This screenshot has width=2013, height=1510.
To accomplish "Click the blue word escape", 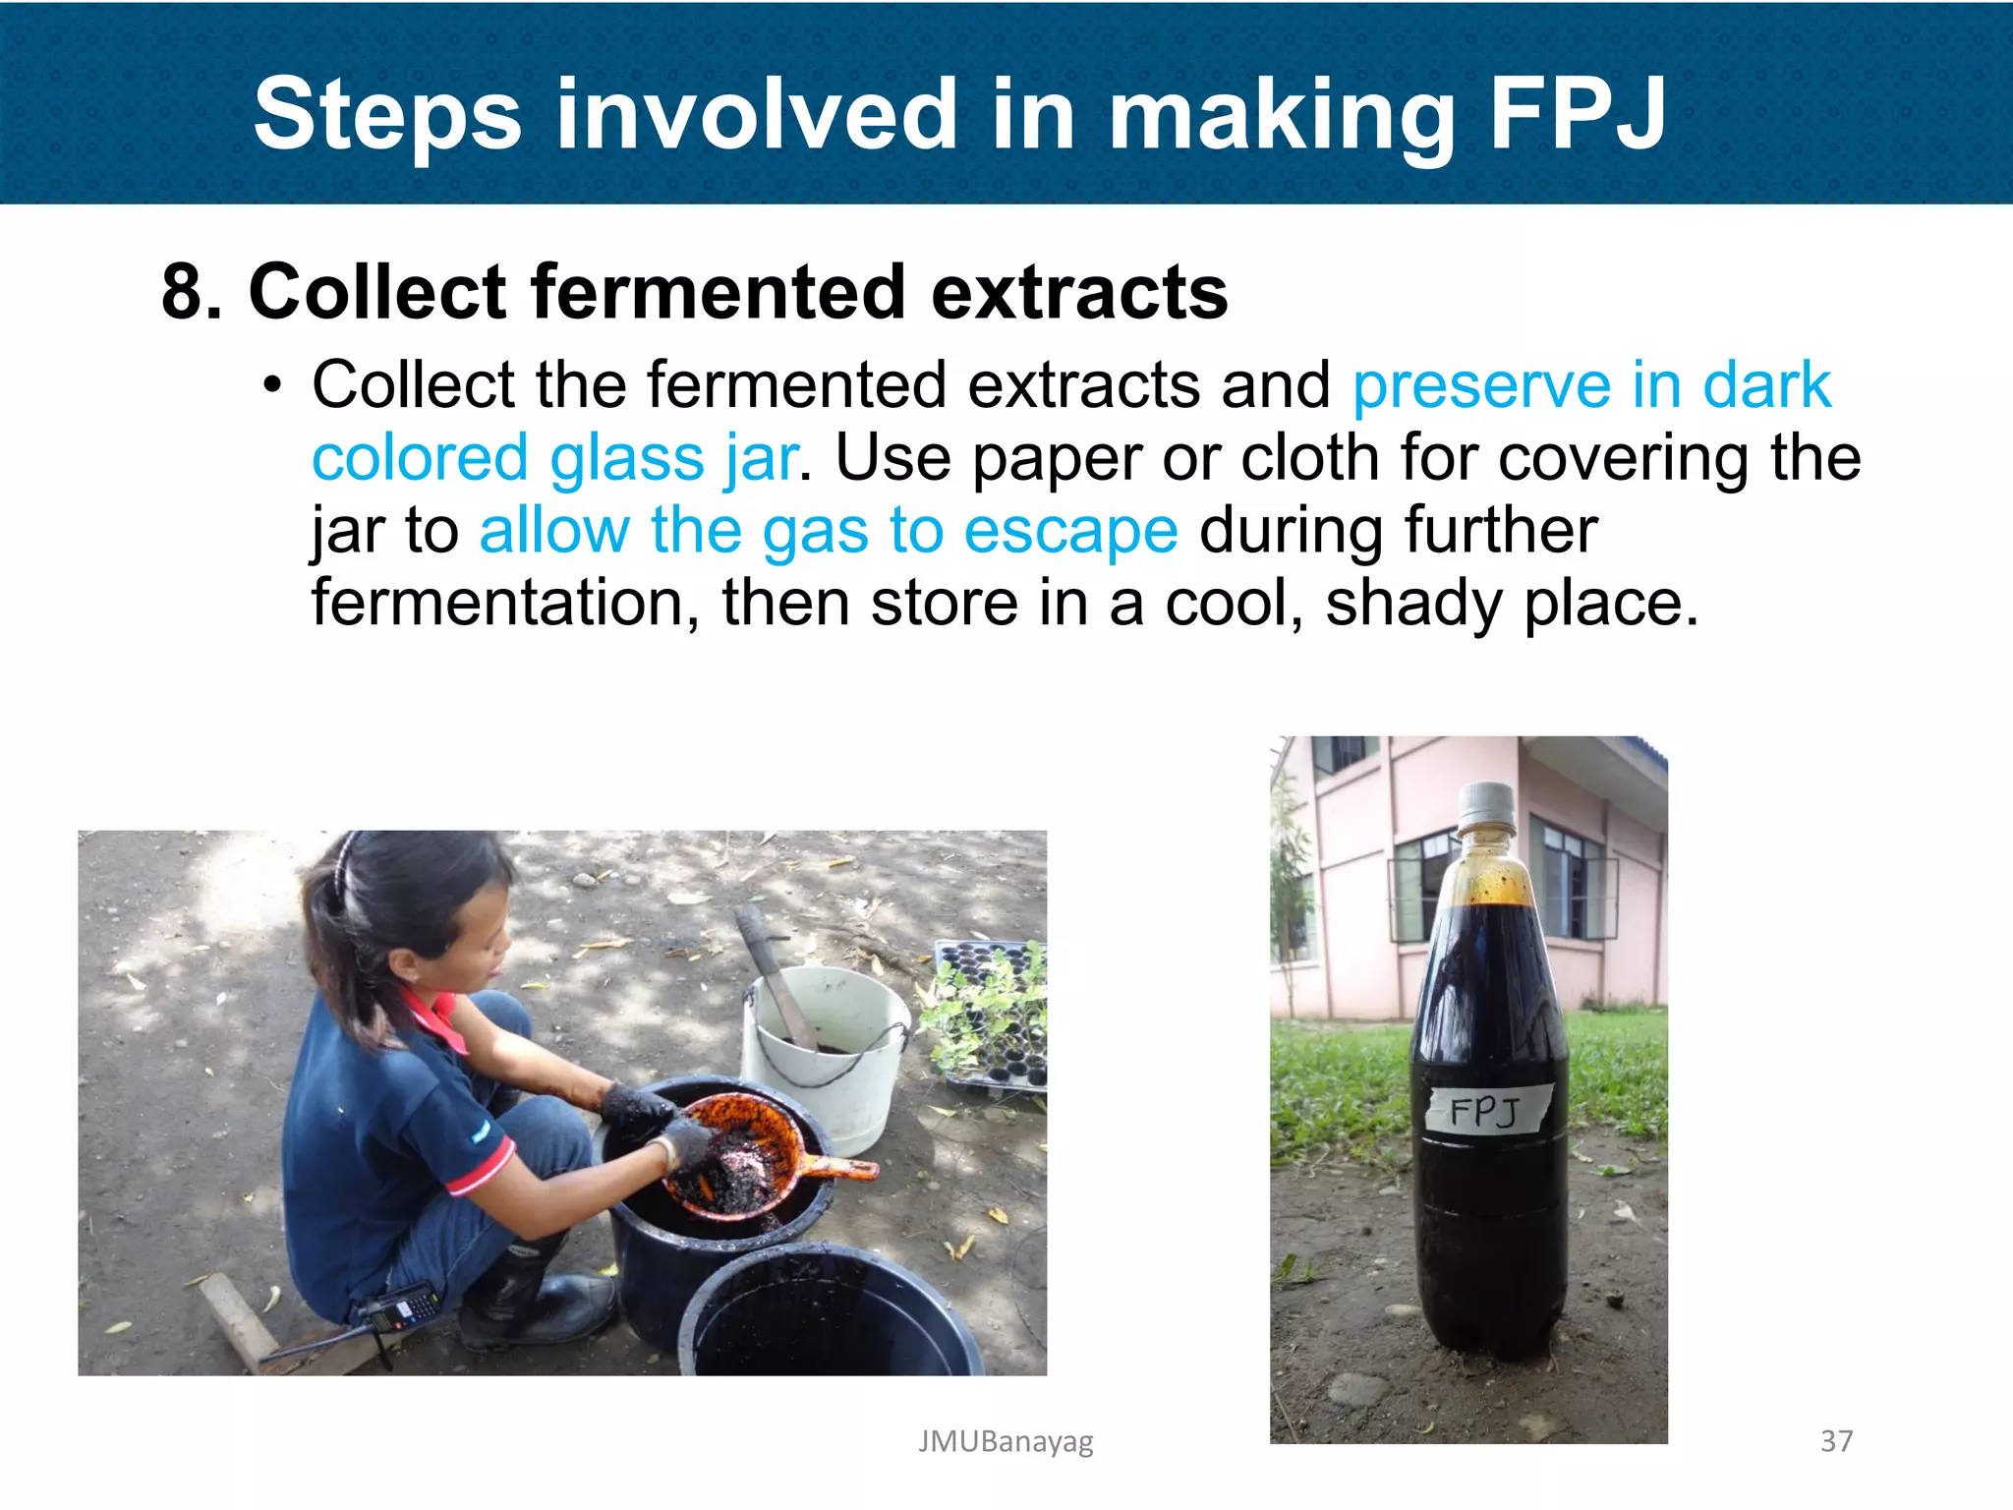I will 1070,531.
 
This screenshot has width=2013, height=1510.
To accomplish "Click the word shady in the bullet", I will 1413,603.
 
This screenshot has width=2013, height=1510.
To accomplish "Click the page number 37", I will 1836,1441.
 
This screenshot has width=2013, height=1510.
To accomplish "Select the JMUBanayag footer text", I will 1006,1441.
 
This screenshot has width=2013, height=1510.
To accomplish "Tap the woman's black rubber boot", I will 531,1298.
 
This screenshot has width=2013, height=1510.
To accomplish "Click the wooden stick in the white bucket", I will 776,973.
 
